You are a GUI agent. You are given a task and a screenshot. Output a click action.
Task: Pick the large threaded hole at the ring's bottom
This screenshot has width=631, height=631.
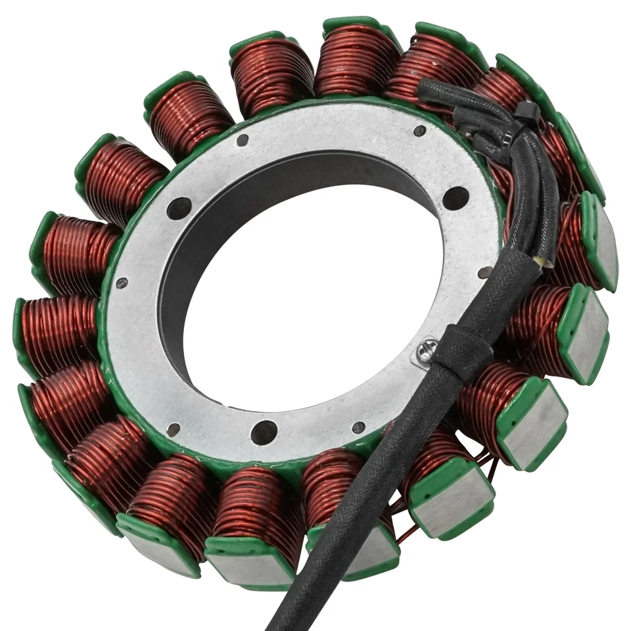(264, 432)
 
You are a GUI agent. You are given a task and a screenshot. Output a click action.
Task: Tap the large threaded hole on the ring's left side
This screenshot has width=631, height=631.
(179, 208)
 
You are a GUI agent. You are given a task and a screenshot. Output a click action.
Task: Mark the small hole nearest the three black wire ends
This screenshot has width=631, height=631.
(419, 131)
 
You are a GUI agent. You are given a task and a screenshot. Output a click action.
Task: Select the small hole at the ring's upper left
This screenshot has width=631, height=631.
(243, 140)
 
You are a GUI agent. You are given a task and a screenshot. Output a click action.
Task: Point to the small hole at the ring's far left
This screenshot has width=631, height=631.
(122, 284)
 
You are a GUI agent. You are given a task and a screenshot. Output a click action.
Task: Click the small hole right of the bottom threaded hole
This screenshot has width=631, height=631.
(358, 427)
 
